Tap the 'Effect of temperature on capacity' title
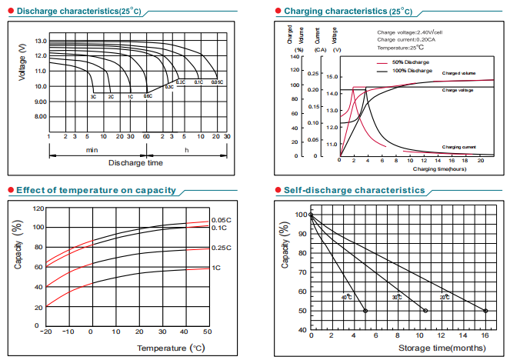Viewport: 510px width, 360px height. pyautogui.click(x=95, y=190)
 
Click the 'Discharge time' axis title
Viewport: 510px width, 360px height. pyautogui.click(x=135, y=163)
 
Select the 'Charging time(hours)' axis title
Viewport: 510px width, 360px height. pyautogui.click(x=439, y=168)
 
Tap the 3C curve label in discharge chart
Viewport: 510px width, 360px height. pyautogui.click(x=93, y=97)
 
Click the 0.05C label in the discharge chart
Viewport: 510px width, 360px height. pyautogui.click(x=216, y=82)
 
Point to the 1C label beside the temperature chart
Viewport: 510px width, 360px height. pyautogui.click(x=216, y=268)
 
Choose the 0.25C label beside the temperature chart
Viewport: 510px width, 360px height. pyautogui.click(x=220, y=248)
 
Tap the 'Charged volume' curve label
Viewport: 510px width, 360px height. pyautogui.click(x=458, y=72)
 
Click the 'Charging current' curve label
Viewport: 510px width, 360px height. pyautogui.click(x=458, y=146)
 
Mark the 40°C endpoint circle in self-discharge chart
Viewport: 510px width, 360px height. pyautogui.click(x=365, y=311)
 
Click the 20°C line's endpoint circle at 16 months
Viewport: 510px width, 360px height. pyautogui.click(x=485, y=311)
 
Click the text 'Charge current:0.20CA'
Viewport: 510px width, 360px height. pyautogui.click(x=405, y=40)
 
